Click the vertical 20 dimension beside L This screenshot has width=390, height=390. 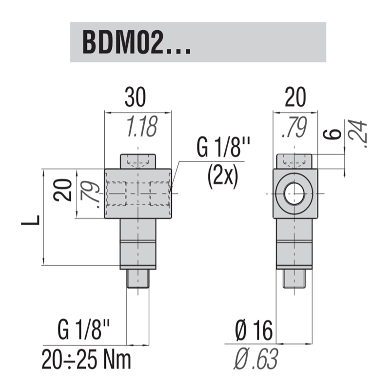pos(63,190)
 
